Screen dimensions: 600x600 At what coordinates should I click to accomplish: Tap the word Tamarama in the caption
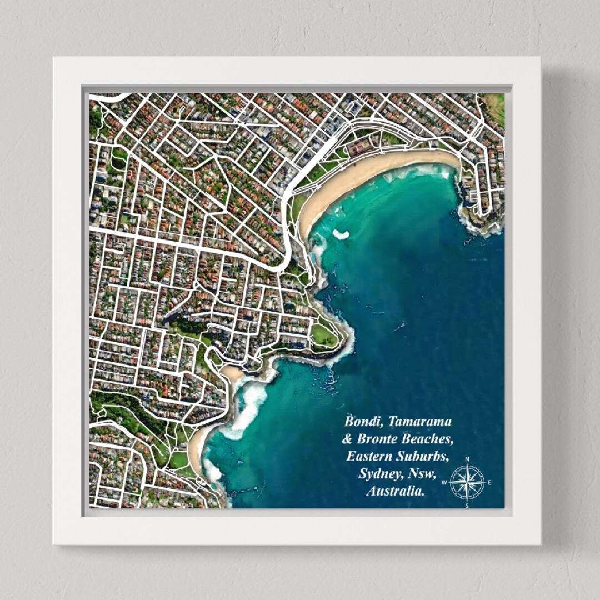click(420, 421)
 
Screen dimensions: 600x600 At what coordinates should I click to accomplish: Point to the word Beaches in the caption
click(431, 439)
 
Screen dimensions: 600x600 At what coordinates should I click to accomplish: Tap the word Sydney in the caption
click(378, 474)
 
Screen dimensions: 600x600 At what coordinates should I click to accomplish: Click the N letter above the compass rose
click(467, 459)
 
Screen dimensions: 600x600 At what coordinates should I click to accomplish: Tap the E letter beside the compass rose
click(489, 482)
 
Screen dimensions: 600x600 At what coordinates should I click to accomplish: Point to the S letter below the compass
click(467, 505)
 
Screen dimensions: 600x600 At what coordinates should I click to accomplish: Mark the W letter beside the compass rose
click(444, 482)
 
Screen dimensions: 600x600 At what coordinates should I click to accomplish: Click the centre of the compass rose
click(467, 482)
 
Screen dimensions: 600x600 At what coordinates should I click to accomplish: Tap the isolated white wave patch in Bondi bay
click(341, 234)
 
